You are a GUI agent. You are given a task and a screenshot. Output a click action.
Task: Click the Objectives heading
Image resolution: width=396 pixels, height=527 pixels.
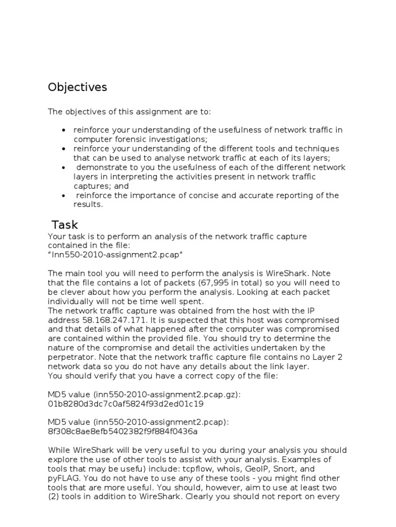[x=77, y=87]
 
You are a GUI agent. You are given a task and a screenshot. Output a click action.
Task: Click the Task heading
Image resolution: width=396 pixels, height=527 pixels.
[x=65, y=225]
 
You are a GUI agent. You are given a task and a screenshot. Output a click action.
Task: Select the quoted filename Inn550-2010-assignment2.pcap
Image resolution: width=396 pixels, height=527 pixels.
[x=115, y=255]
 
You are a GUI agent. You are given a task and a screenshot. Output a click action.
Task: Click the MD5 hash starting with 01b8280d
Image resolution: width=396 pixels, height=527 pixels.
[x=126, y=403]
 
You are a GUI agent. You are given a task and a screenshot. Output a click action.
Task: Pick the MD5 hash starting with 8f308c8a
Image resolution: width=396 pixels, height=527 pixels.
[x=123, y=431]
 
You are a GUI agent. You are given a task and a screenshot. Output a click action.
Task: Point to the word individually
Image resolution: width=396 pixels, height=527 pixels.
[x=72, y=301]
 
